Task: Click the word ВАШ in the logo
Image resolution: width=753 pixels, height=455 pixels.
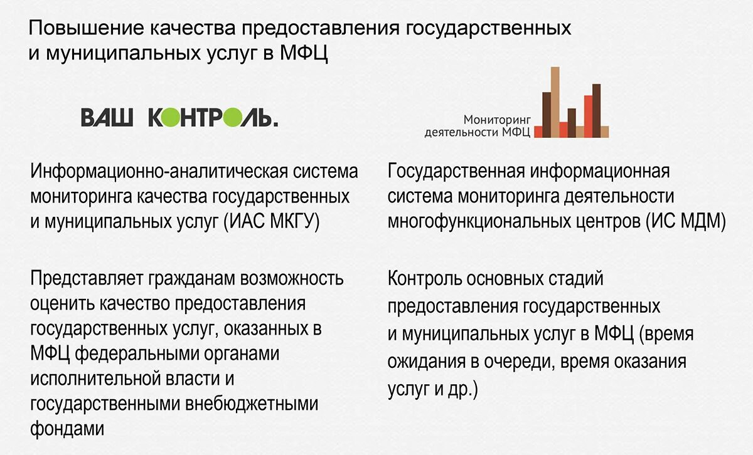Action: pos(107,117)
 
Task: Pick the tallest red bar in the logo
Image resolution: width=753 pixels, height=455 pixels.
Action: pos(588,116)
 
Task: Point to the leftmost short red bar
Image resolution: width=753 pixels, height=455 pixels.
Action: pos(538,131)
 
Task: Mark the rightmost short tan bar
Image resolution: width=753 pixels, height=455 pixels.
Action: pos(604,131)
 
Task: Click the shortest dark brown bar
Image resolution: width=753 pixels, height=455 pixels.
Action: pos(572,122)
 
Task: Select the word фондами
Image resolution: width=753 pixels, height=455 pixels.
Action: pos(66,429)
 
